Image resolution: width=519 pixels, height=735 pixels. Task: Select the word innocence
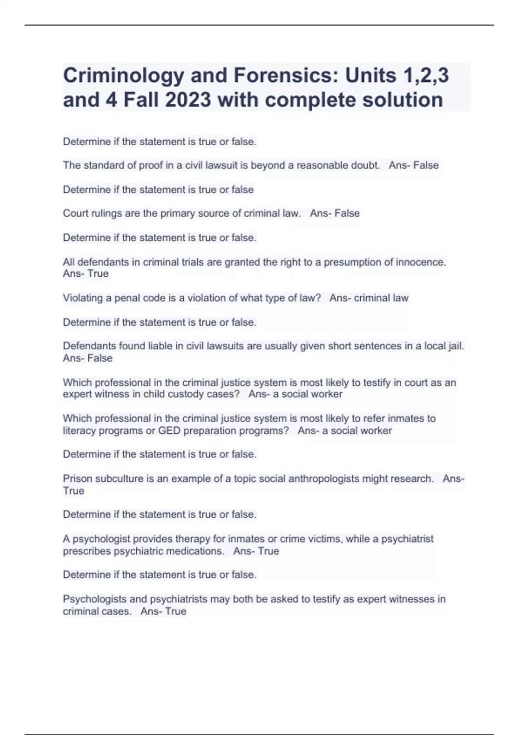tap(422, 262)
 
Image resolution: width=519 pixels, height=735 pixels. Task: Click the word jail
tap(456, 346)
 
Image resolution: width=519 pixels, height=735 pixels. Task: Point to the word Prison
tap(77, 479)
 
